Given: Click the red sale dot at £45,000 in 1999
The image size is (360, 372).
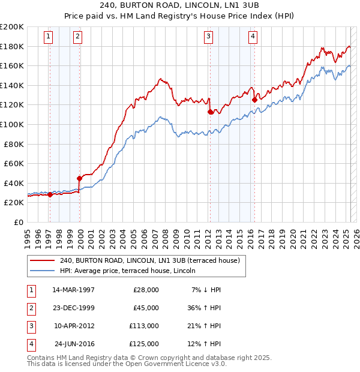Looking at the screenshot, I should [x=79, y=178].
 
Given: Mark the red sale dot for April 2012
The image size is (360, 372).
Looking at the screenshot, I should [x=210, y=112].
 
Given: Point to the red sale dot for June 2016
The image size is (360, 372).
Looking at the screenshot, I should [x=254, y=100].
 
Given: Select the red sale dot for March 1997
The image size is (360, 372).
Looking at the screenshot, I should [x=50, y=194].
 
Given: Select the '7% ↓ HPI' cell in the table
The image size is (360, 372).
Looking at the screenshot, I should [x=206, y=290].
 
